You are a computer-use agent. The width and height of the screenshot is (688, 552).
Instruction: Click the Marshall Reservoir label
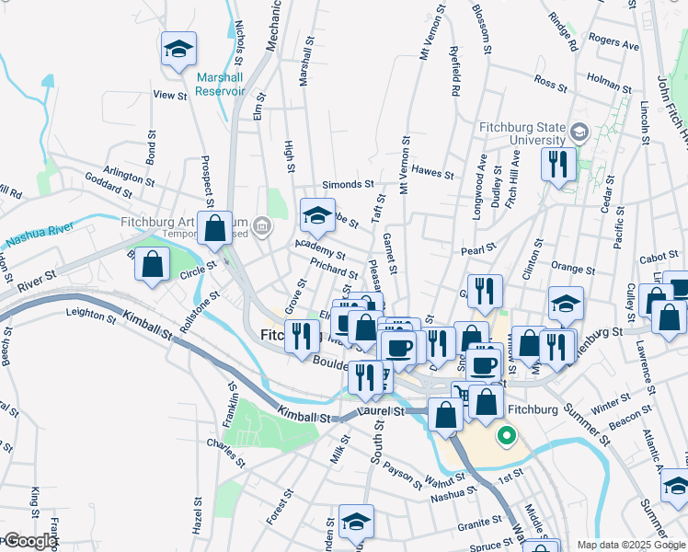pyautogui.click(x=221, y=84)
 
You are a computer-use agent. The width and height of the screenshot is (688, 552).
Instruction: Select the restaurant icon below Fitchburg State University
pyautogui.click(x=558, y=165)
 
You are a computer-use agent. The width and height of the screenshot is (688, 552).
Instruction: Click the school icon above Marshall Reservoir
pyautogui.click(x=178, y=49)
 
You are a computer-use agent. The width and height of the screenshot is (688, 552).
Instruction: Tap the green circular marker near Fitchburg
pyautogui.click(x=504, y=434)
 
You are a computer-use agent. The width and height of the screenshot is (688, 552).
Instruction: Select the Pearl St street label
pyautogui.click(x=478, y=248)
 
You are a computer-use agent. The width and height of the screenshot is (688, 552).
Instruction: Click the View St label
pyautogui.click(x=170, y=95)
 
